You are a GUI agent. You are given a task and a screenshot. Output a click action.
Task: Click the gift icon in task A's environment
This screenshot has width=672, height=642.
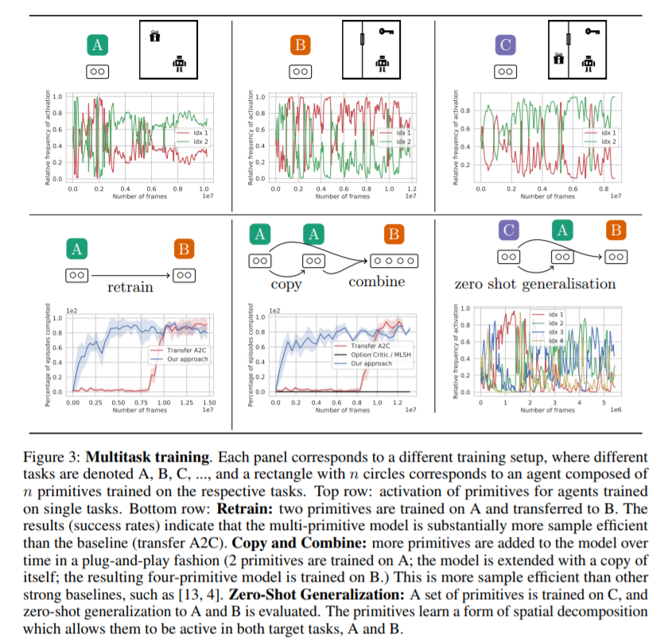click(155, 36)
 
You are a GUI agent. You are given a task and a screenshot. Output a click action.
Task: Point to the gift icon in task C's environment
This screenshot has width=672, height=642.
click(559, 60)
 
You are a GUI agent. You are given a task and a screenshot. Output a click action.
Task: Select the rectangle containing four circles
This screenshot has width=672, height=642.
click(392, 260)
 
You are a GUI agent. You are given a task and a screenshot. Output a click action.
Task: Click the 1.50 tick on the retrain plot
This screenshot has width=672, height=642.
click(209, 403)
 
